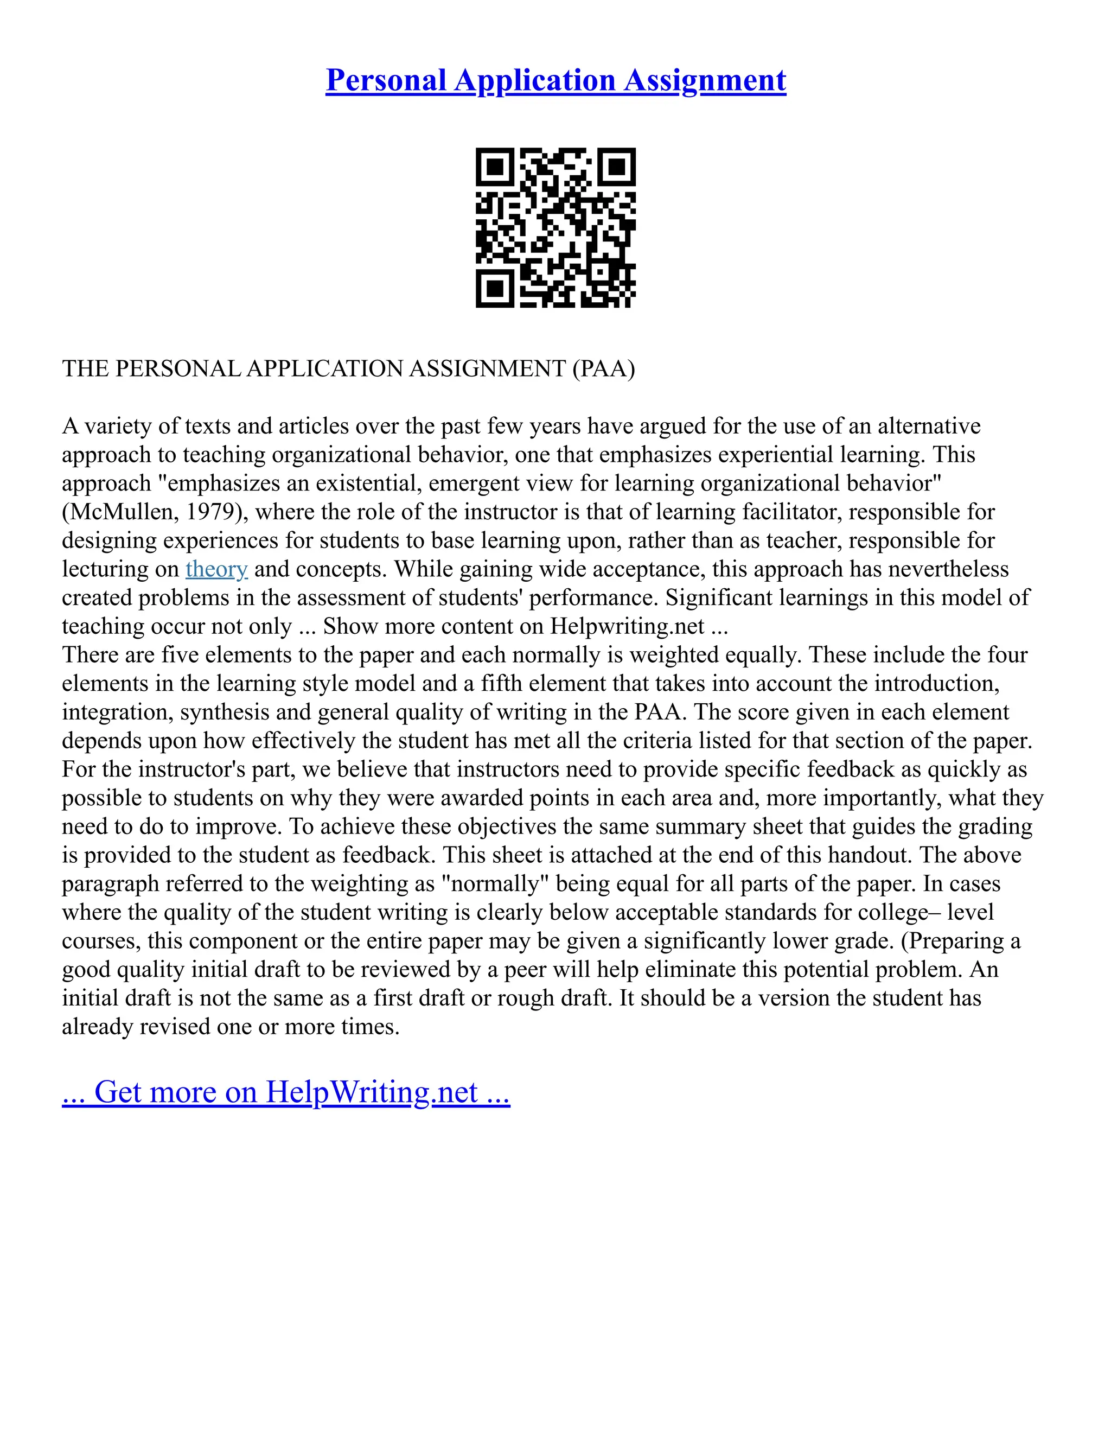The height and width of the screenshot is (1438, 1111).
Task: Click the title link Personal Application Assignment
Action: [555, 80]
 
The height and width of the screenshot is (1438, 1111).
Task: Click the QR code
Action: [555, 227]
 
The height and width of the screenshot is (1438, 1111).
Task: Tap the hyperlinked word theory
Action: [216, 569]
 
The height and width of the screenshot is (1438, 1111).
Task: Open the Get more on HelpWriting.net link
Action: [286, 1092]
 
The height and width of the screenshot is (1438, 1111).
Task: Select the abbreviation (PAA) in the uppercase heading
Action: [604, 368]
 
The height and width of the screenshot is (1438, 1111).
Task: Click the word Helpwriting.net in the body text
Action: [627, 626]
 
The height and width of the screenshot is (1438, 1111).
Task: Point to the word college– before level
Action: [904, 913]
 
